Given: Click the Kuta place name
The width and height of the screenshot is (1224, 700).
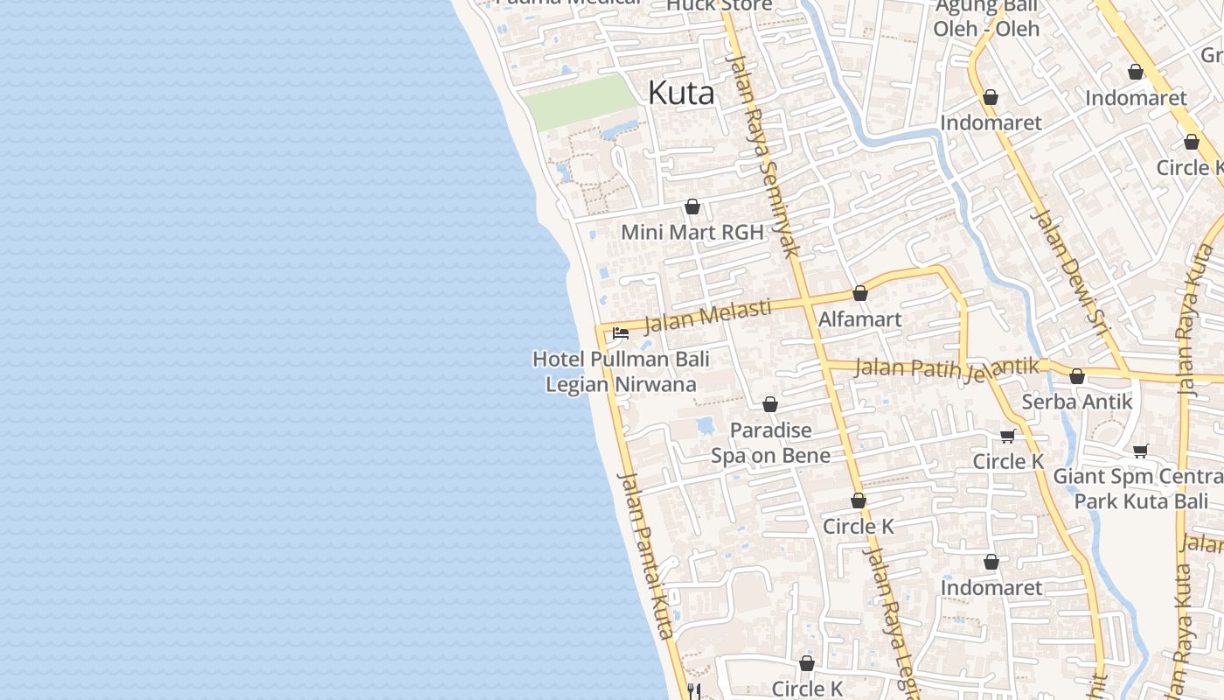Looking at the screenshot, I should (x=681, y=93).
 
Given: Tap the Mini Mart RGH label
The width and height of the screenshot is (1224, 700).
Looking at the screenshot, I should (x=692, y=232).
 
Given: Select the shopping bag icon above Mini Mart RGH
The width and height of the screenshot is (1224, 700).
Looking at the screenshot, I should (x=692, y=206).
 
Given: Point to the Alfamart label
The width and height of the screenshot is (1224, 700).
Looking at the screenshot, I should (x=859, y=318).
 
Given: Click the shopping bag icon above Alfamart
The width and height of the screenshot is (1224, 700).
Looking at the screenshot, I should (x=860, y=293).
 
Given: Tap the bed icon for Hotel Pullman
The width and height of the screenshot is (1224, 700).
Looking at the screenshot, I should (x=621, y=332).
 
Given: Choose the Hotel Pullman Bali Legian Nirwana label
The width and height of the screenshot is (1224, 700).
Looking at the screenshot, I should (x=621, y=371).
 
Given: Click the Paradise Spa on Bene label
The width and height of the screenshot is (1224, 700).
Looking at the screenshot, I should (x=770, y=442).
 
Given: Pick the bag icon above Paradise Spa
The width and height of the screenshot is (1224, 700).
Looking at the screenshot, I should (x=770, y=404).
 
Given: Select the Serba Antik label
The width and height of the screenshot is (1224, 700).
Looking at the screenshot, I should (x=1077, y=402).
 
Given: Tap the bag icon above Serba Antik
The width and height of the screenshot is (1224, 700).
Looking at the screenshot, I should (x=1077, y=376).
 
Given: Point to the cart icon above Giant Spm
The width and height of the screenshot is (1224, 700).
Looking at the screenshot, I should (x=1140, y=451).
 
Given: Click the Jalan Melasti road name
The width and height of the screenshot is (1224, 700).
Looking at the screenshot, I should (x=708, y=317).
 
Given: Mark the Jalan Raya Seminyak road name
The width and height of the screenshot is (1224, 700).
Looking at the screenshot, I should (x=764, y=157).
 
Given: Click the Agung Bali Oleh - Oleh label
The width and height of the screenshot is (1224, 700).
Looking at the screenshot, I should (x=986, y=17).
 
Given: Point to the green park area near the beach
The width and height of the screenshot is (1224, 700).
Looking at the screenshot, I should (x=580, y=101).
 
